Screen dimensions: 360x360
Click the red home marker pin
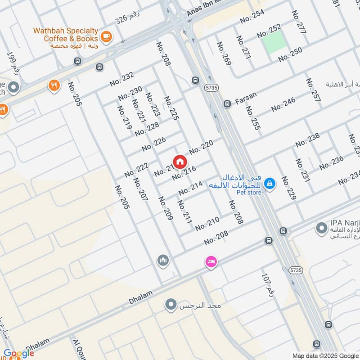pyautogui.click(x=180, y=162)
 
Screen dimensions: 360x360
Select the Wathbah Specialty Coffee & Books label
pyautogui.click(x=66, y=35)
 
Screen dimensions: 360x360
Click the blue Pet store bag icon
pyautogui.click(x=270, y=183)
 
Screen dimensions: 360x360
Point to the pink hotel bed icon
pyautogui.click(x=211, y=261)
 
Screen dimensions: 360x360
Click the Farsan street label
pyautogui.click(x=246, y=95)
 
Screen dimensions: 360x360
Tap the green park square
pyautogui.click(x=274, y=42)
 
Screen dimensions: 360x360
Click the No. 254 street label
pyautogui.click(x=252, y=16)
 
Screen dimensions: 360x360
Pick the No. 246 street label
pyautogui.click(x=283, y=104)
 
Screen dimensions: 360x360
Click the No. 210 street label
pyautogui.click(x=207, y=223)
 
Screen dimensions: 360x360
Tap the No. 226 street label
pyautogui.click(x=153, y=144)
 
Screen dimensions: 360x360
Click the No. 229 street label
pyautogui.click(x=288, y=188)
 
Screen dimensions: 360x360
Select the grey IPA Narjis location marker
pyautogui.click(x=321, y=229)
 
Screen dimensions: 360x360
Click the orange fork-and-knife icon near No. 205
pyautogui.click(x=54, y=85)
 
